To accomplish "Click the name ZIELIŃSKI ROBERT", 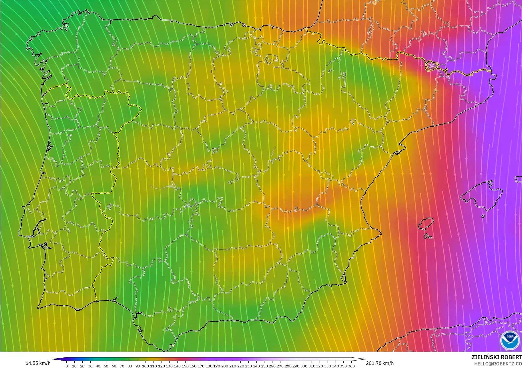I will [x=497, y=357].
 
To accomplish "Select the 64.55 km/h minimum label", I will [x=38, y=363].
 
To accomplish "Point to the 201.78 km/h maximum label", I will [x=380, y=363].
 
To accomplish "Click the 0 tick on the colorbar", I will [x=67, y=366].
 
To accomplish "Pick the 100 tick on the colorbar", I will [x=146, y=366].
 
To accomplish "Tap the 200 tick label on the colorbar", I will [x=225, y=366].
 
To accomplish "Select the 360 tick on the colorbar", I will [x=351, y=366].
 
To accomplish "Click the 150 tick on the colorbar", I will [x=185, y=366].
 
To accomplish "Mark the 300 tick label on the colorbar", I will [x=304, y=366].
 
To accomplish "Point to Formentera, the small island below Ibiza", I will [x=428, y=236].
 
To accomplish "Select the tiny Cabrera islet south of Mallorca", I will [x=483, y=216].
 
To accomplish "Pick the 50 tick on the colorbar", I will [x=106, y=366].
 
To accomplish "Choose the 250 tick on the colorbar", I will [x=264, y=366].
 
